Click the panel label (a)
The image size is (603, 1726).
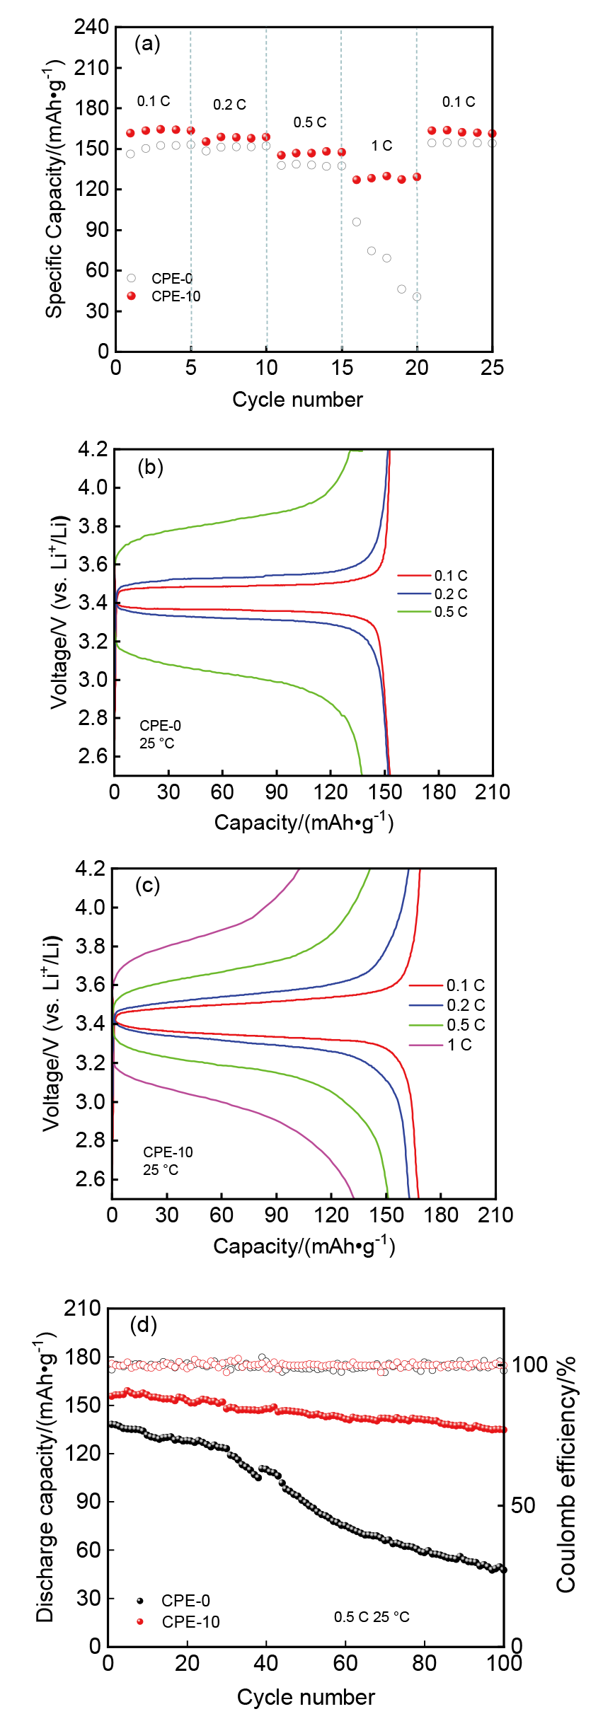coord(147,45)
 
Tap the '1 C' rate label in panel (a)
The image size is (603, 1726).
coord(381,146)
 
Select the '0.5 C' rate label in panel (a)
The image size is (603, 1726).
coord(310,122)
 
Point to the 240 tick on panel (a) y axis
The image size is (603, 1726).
coord(92,27)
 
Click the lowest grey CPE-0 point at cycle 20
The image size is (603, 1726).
coord(417,297)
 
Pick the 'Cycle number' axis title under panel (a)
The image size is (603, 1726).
coord(297,400)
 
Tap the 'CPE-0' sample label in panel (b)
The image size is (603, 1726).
coord(160,726)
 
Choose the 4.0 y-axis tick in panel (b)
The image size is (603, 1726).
coord(93,487)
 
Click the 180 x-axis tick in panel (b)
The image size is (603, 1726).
coord(439,792)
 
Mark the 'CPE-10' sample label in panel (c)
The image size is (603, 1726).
coord(168,1152)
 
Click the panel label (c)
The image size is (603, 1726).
coord(147,886)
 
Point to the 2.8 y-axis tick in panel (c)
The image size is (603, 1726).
coord(90,1140)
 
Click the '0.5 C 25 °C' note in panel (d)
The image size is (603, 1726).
coord(372,1617)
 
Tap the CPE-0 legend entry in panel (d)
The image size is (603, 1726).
coord(185,1601)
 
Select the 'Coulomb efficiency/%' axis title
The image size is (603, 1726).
coord(565,1475)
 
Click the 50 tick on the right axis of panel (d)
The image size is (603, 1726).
coord(523,1505)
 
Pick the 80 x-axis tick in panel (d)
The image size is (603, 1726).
coord(424,1663)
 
